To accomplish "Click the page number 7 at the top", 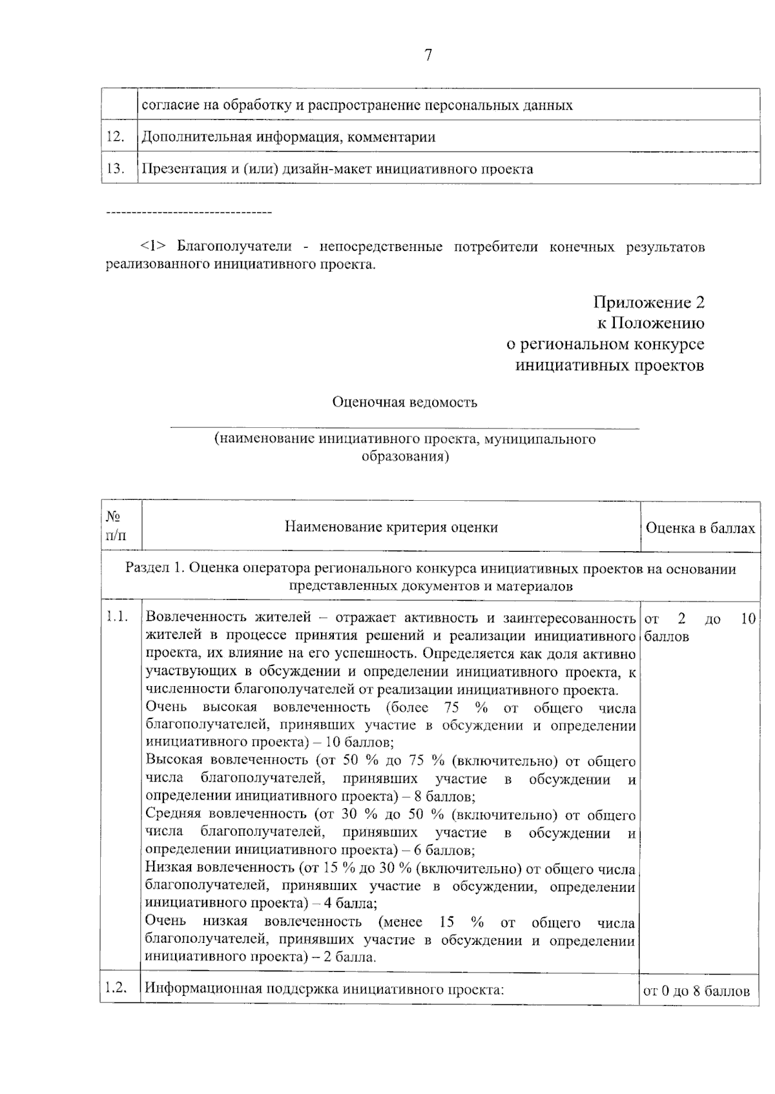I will click(428, 56).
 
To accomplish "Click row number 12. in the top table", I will click(115, 137).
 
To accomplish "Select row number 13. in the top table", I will click(115, 169).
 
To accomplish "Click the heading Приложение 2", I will click(648, 302).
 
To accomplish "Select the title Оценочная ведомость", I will click(404, 402).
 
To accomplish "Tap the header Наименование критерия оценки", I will click(391, 527).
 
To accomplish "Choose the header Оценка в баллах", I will click(700, 528).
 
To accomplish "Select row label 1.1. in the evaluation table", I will click(116, 618).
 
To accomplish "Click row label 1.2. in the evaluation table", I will click(116, 988).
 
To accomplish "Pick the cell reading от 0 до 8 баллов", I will click(696, 991).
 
